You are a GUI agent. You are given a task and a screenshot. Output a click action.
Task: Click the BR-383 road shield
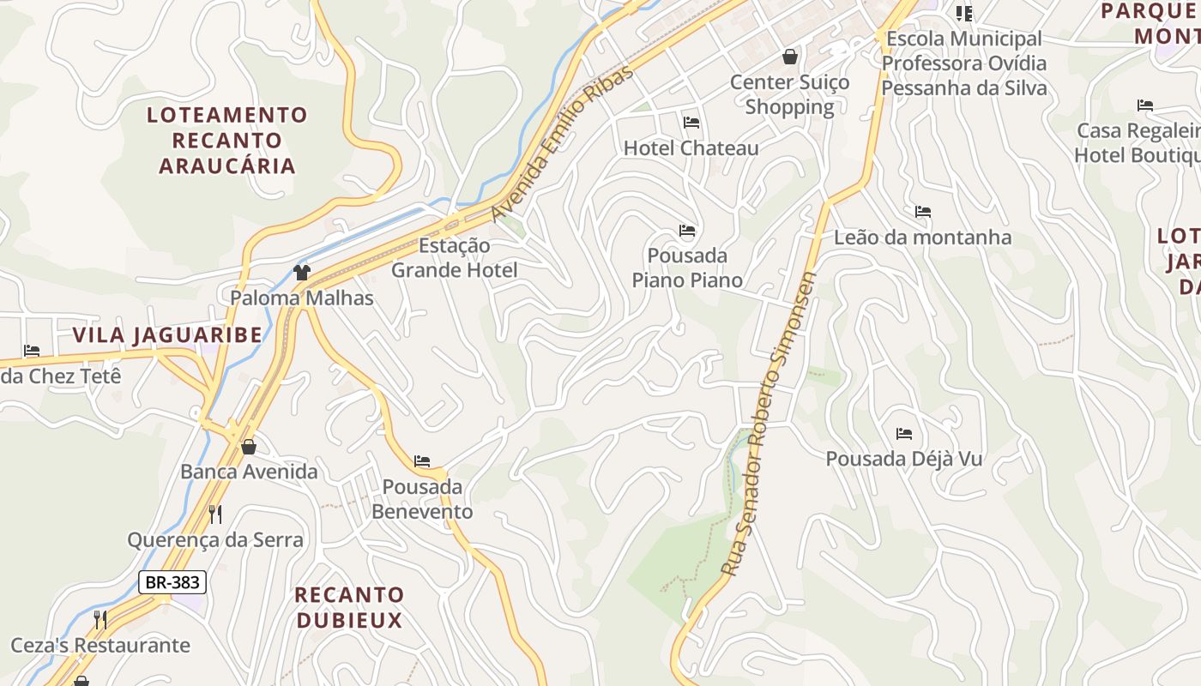(172, 582)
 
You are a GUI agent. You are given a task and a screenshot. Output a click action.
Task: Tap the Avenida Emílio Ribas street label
(563, 142)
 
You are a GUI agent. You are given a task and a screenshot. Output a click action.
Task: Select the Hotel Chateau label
(691, 147)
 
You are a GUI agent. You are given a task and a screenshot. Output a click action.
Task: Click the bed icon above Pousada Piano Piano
(687, 231)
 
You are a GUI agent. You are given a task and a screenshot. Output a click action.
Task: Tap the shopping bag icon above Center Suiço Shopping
(789, 57)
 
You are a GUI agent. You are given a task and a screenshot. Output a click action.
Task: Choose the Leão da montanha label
(922, 237)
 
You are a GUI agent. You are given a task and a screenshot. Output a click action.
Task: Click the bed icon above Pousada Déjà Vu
(904, 434)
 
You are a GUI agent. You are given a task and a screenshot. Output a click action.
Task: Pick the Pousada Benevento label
(422, 499)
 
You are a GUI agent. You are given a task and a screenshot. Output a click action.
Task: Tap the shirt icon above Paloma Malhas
(301, 273)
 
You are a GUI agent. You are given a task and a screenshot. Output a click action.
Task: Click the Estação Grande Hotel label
(455, 258)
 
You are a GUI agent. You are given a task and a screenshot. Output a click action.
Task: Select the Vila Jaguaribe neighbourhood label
(167, 335)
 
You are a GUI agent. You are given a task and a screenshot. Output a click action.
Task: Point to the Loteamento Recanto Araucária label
(226, 140)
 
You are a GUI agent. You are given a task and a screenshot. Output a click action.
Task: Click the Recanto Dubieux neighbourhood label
(349, 607)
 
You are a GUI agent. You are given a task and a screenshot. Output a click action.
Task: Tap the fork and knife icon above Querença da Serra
(215, 514)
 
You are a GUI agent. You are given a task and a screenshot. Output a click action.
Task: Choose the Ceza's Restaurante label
(100, 645)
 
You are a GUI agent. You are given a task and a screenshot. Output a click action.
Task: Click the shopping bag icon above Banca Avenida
(249, 447)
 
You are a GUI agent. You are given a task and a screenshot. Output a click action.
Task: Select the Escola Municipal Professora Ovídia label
(964, 63)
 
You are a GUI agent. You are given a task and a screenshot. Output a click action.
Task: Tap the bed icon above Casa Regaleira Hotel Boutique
(1145, 105)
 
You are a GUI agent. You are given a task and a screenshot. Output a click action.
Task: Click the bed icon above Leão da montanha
(923, 212)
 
